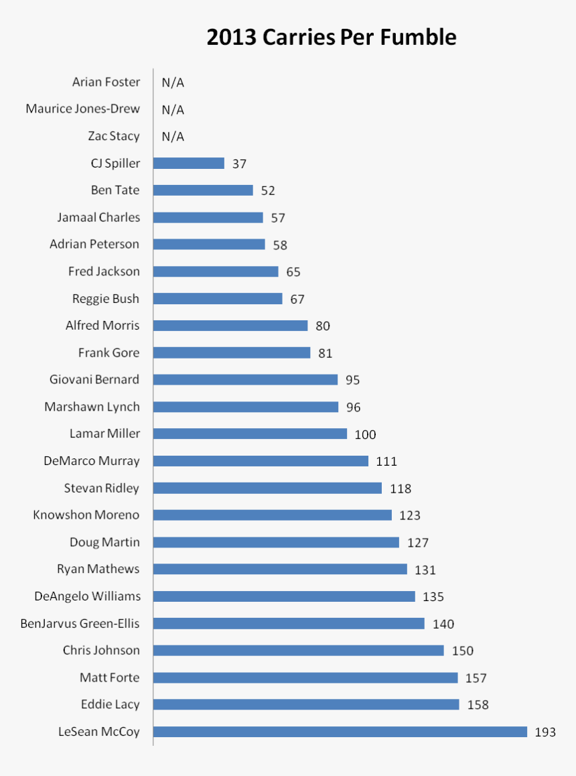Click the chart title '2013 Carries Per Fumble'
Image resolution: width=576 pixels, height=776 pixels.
331,38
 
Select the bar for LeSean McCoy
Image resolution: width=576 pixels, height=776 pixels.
340,732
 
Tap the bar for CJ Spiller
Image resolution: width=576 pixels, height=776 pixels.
189,164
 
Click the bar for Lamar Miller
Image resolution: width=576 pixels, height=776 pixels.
250,434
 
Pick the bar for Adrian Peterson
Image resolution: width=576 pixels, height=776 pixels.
209,245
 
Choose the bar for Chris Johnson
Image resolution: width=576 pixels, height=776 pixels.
299,651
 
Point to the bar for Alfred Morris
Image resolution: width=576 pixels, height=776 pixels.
230,326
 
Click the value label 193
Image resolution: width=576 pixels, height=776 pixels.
545,732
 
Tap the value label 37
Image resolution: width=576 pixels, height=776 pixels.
240,164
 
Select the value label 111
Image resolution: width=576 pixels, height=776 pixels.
386,461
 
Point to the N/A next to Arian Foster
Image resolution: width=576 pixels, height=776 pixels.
173,82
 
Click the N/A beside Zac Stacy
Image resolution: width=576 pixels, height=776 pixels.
173,137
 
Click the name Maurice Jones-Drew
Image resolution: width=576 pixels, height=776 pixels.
82,109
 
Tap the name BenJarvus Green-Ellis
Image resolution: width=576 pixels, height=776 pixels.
80,623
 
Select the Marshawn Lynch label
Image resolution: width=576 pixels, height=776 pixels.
92,407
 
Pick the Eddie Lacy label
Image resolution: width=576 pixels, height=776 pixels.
110,704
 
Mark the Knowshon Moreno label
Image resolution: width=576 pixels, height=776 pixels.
86,515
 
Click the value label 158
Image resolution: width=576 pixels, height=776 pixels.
478,705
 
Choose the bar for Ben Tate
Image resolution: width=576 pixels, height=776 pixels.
203,190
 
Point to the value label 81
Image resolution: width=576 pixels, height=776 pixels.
326,353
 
